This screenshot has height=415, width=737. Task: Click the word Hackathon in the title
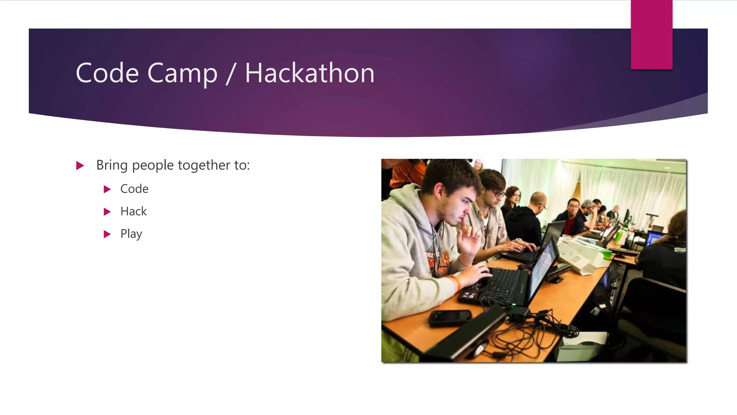point(309,73)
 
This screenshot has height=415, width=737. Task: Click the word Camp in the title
point(182,73)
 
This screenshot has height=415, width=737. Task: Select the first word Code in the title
point(107,73)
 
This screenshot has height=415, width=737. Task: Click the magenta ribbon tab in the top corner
point(651,34)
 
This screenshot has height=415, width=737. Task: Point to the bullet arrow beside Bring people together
point(80,166)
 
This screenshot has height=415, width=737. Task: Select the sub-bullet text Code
point(134,189)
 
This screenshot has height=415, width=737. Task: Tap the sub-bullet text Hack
point(134,211)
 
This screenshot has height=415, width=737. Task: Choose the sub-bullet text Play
point(131,234)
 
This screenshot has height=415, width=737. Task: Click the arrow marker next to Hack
point(107,211)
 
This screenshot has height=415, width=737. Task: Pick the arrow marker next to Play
point(107,234)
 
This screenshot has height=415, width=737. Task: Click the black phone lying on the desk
point(450,317)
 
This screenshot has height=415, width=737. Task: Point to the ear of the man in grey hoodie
point(439,191)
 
